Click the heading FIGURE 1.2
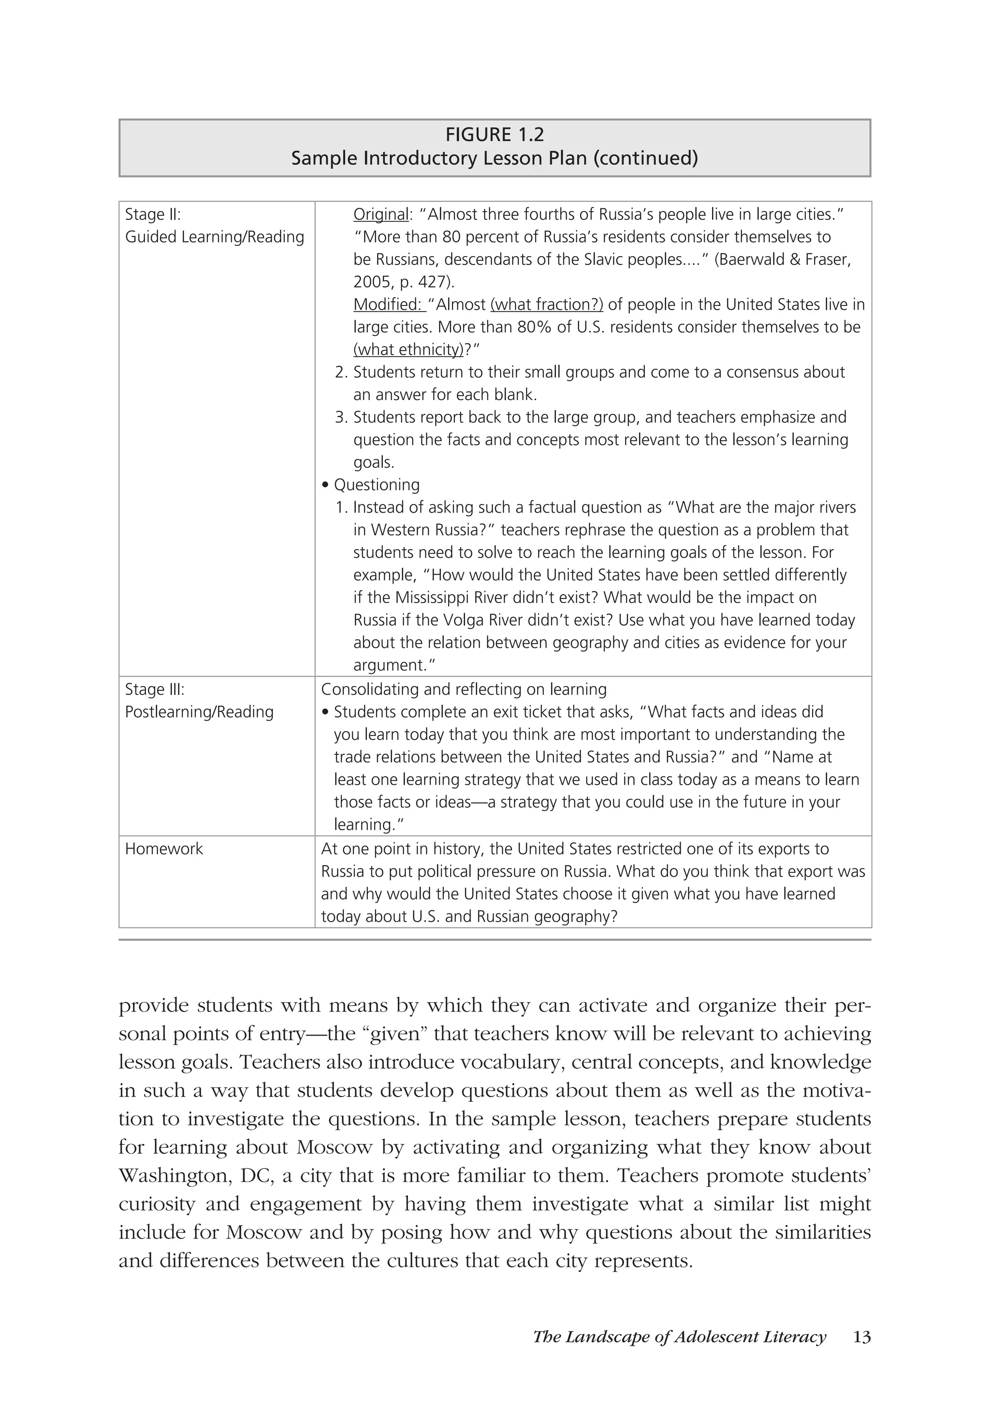(x=495, y=135)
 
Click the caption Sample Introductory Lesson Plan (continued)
(x=495, y=158)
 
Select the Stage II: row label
(x=153, y=214)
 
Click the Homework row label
(x=164, y=849)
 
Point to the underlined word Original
(x=380, y=214)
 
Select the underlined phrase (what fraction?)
(x=547, y=304)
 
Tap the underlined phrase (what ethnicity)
(x=408, y=349)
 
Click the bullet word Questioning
(x=376, y=485)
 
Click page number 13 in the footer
(x=862, y=1337)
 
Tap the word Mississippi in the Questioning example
(x=439, y=598)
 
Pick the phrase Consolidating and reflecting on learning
(x=464, y=689)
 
